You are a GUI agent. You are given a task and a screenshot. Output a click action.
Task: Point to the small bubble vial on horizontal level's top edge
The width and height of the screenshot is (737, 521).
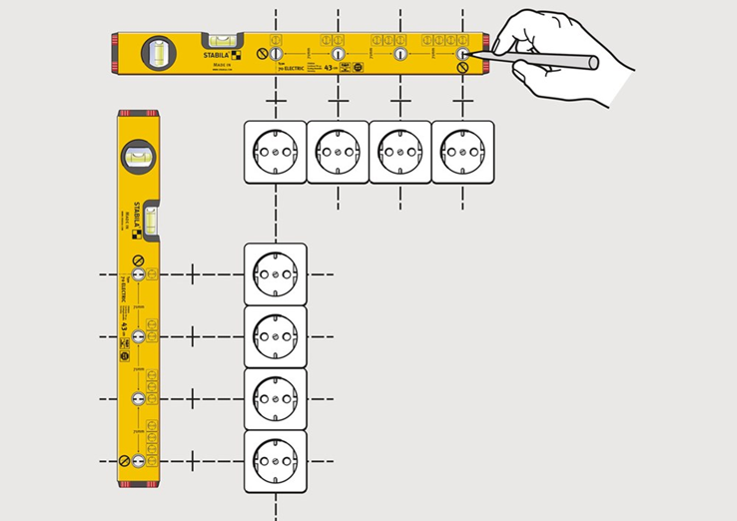point(226,39)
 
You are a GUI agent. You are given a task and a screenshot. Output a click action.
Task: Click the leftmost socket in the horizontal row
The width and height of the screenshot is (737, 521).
point(275,152)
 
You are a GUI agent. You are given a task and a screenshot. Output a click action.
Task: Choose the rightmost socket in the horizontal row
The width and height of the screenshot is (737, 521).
point(462,152)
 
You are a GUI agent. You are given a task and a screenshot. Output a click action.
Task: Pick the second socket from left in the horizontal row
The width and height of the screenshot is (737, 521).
point(338,152)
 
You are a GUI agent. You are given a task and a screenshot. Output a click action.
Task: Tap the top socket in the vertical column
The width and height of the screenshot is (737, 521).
point(275,273)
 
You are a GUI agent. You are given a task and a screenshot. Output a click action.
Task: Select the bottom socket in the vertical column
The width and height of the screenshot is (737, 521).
point(275,460)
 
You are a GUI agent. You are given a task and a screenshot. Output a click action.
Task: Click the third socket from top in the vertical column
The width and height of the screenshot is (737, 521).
point(275,398)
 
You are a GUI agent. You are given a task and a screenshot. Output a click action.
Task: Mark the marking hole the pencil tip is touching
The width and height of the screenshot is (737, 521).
point(462,53)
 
